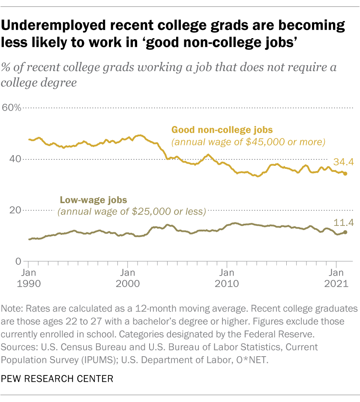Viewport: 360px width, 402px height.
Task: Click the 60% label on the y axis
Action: (x=12, y=108)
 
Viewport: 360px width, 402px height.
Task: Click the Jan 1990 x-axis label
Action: (x=29, y=278)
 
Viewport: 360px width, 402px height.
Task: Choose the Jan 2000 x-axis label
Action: (x=128, y=278)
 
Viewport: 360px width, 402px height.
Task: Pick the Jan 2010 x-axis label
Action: (x=227, y=278)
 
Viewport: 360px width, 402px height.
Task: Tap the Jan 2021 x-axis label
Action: (x=336, y=278)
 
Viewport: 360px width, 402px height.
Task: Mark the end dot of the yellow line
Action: (x=345, y=174)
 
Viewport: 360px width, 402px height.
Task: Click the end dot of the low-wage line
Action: (x=345, y=232)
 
